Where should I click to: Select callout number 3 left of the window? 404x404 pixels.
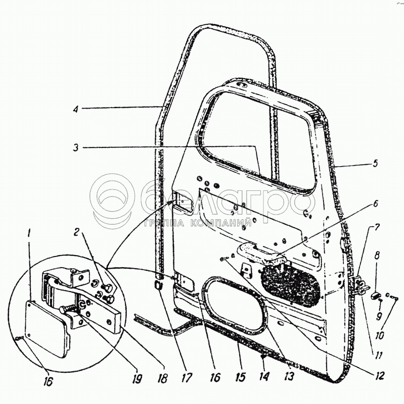(75, 147)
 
